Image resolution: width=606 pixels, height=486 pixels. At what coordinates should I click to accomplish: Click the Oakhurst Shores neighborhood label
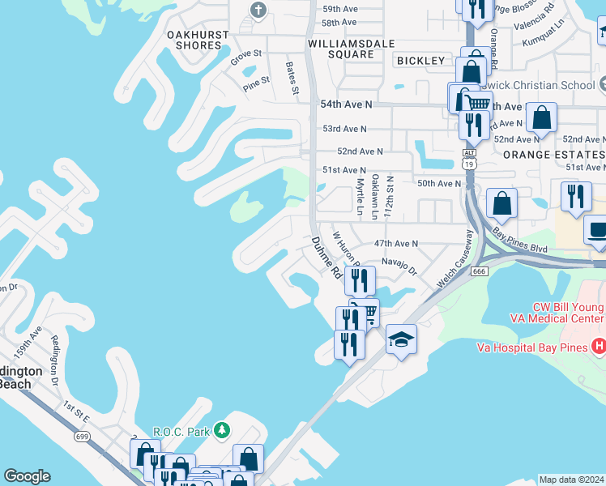pos(194,40)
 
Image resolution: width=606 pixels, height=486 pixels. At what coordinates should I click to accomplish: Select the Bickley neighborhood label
pos(420,61)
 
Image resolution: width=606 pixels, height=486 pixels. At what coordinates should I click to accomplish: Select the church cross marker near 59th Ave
pos(258,11)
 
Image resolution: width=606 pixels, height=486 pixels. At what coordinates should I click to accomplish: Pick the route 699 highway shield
pos(81,437)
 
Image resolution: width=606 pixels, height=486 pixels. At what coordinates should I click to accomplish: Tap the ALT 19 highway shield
pos(469,159)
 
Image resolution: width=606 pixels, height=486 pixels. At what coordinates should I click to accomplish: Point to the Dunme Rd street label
pos(326,258)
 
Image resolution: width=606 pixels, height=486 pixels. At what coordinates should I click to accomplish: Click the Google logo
pos(26,476)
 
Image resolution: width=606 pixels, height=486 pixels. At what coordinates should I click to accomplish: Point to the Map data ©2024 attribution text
pos(570,480)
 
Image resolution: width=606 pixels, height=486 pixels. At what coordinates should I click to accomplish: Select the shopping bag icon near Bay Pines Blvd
pos(502,203)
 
